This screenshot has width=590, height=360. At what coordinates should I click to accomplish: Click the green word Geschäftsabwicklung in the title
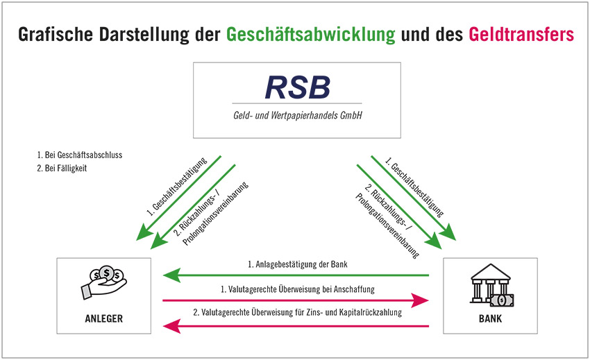(x=310, y=35)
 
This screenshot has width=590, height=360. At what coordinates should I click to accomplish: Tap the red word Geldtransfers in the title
(x=521, y=34)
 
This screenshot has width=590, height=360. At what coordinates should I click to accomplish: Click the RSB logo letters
(x=297, y=87)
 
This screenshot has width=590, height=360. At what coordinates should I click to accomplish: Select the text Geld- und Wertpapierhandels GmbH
(x=297, y=115)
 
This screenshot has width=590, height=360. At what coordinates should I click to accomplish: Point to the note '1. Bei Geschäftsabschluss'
(x=79, y=155)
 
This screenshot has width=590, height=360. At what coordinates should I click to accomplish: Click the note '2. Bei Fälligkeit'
(x=62, y=168)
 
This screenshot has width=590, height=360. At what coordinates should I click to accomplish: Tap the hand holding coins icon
(x=104, y=282)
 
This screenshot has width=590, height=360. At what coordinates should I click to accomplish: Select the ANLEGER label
(x=104, y=318)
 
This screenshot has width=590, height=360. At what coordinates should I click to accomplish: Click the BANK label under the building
(x=490, y=318)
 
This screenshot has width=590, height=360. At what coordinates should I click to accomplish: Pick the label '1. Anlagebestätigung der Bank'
(x=297, y=264)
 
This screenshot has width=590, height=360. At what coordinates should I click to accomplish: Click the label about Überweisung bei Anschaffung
(x=297, y=289)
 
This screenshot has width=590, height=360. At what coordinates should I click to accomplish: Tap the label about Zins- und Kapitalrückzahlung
(x=297, y=312)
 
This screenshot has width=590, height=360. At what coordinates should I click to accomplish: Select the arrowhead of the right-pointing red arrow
(x=420, y=300)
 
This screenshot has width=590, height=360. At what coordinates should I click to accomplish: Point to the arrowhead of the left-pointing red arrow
(x=171, y=326)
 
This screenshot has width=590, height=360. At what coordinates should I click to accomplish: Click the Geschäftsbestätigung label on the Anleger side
(x=176, y=187)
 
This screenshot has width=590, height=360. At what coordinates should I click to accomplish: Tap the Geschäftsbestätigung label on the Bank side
(x=414, y=187)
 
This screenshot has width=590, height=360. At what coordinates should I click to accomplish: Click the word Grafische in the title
(x=56, y=35)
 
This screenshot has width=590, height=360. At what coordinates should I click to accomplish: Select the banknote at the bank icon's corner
(x=502, y=300)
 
